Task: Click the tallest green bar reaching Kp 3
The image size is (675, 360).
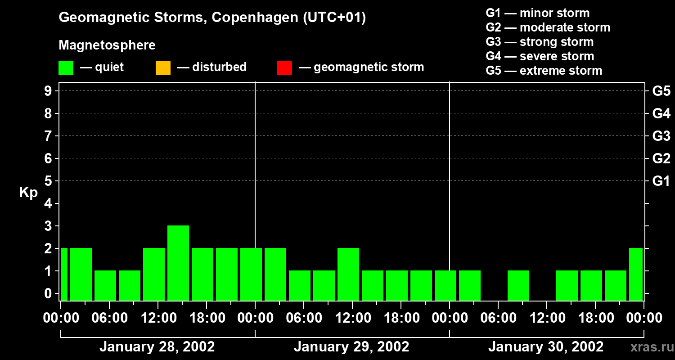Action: [178, 263]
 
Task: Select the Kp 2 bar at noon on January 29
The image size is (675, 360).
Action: [348, 274]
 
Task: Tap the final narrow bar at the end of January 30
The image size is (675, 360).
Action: [636, 274]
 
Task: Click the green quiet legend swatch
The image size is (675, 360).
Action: [66, 68]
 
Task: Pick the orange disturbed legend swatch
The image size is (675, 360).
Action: [163, 68]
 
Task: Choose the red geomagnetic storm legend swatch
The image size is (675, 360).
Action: [284, 68]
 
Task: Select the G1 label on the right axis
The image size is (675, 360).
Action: [661, 181]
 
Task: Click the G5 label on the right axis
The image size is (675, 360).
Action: [661, 91]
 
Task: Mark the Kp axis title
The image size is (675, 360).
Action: [28, 193]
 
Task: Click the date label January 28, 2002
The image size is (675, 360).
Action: [157, 347]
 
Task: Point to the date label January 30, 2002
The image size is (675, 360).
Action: [546, 347]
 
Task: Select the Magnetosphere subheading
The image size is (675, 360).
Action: [107, 45]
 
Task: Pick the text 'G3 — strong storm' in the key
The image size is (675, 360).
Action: [540, 42]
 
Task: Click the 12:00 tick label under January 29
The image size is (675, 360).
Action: [352, 318]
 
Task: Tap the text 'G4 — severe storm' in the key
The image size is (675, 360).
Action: [540, 56]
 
